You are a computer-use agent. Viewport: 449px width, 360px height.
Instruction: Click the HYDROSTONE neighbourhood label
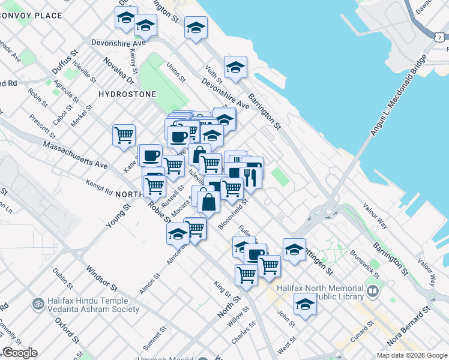click(127, 94)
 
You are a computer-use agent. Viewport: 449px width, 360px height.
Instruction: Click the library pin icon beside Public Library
click(373, 292)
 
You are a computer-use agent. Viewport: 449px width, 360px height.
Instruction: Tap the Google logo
click(20, 353)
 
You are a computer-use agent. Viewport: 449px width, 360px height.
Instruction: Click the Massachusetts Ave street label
click(76, 155)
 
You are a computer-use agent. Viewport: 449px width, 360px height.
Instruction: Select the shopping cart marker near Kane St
click(124, 135)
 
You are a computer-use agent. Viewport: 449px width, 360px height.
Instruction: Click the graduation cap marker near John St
click(305, 304)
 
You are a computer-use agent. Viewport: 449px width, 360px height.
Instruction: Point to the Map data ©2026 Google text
click(411, 355)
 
